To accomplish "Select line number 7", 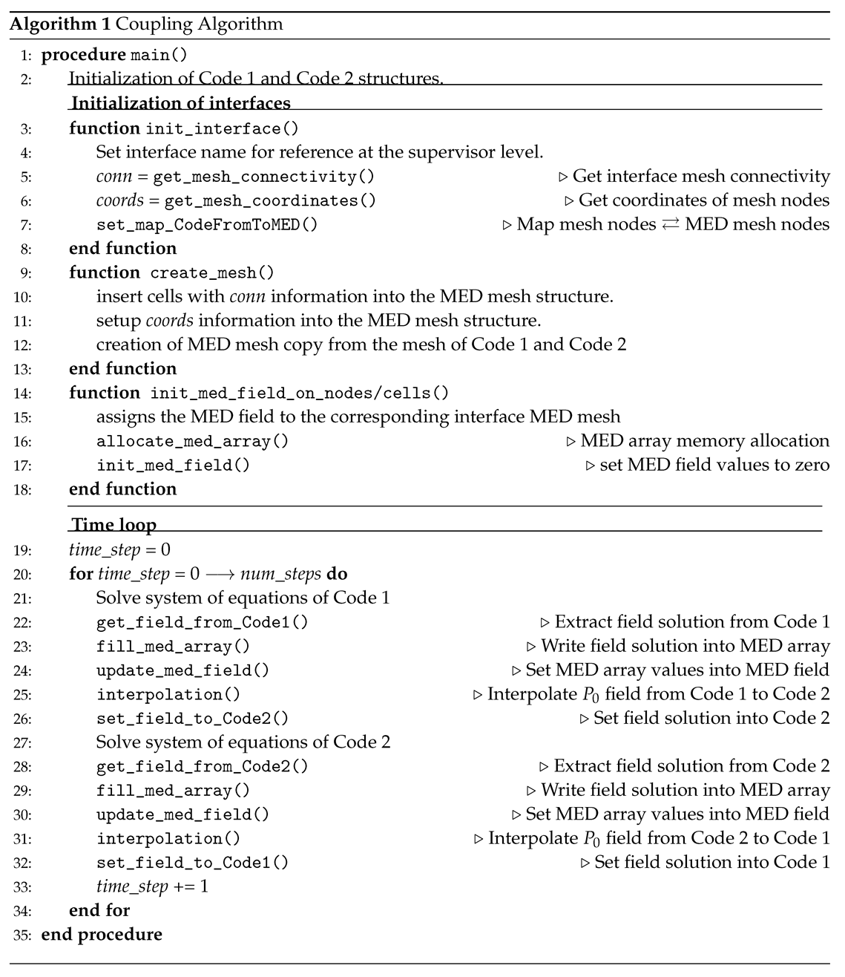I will (26, 225).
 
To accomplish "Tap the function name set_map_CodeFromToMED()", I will (207, 224).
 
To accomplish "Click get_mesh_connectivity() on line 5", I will (263, 177).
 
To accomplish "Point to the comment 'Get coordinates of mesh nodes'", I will (703, 200).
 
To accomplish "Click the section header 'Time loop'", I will (114, 525).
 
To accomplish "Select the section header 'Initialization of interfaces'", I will (180, 103).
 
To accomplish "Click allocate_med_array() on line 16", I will (192, 441).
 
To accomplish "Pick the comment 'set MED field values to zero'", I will (714, 465).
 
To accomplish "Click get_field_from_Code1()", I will (202, 622).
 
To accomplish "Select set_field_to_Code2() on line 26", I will (192, 719).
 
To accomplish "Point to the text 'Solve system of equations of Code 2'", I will (243, 742).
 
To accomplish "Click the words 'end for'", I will (99, 910).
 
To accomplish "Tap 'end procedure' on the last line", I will (102, 934).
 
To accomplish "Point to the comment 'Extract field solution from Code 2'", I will (691, 766).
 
